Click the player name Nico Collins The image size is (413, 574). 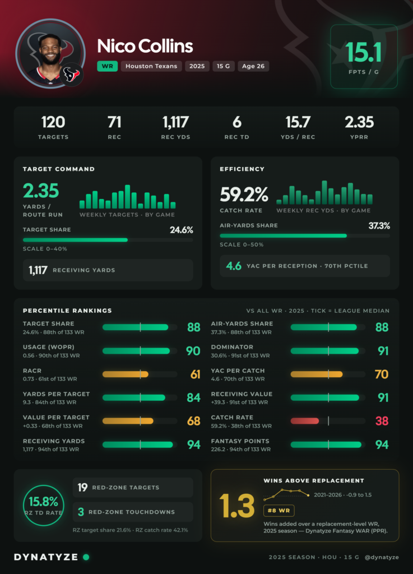(145, 46)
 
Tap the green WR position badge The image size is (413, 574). (107, 66)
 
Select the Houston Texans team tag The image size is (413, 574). (151, 66)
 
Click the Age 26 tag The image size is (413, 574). (253, 66)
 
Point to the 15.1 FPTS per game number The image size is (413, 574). (363, 52)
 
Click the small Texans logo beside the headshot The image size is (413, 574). (71, 75)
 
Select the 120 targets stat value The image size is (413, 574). (53, 122)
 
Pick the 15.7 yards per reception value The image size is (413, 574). (298, 122)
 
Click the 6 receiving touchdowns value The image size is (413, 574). (236, 122)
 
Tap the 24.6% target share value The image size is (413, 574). (182, 230)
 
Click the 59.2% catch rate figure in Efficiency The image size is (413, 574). (244, 195)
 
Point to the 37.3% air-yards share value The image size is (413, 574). (379, 226)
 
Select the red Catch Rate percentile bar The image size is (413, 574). (305, 421)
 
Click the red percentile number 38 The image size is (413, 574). (382, 421)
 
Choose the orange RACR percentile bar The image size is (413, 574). (126, 374)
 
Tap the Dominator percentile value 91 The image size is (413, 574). (383, 351)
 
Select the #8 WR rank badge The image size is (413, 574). (279, 510)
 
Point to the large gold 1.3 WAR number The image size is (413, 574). (236, 506)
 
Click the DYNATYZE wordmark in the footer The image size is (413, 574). (46, 557)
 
